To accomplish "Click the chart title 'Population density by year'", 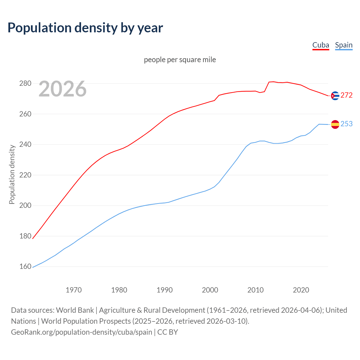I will [85, 28].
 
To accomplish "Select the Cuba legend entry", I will [321, 45].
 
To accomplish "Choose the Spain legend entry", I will [344, 45].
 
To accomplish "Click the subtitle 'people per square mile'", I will [180, 60].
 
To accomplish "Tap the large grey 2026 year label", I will [62, 89].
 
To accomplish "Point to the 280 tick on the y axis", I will [25, 84].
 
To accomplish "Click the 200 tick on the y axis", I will [25, 206].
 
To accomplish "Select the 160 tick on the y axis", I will [25, 267].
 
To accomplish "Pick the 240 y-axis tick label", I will [25, 145].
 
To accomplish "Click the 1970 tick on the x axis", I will [74, 290].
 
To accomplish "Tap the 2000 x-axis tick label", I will [210, 290].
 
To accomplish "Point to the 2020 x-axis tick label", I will [301, 290].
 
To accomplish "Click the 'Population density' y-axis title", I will [12, 174].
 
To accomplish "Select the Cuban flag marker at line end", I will [335, 96].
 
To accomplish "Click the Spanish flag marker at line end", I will [335, 124].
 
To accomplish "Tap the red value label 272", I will [346, 95].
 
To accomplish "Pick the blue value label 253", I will [346, 124].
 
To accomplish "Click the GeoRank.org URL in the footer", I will [82, 332].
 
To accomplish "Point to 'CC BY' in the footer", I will [168, 332].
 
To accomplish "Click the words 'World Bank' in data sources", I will [75, 310].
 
